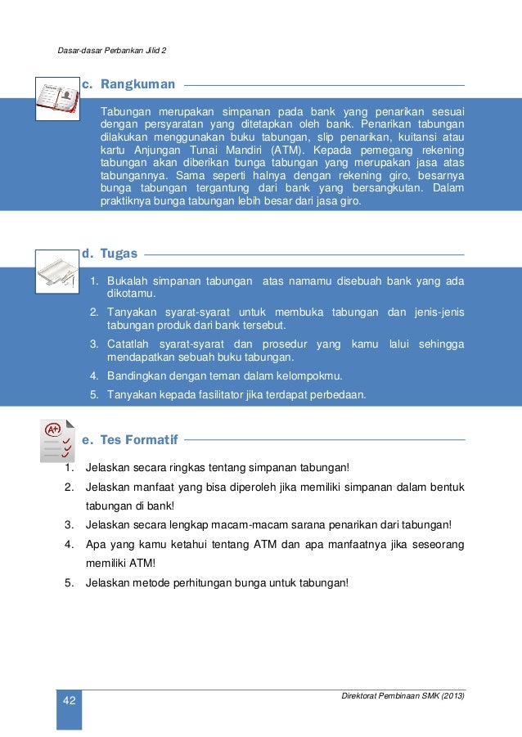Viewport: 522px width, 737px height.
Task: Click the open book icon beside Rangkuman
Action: point(58,98)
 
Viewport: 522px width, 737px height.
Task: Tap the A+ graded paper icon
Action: point(57,441)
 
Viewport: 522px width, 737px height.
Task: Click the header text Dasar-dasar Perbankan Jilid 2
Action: point(112,51)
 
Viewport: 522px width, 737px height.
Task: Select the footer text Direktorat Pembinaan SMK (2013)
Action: point(403,695)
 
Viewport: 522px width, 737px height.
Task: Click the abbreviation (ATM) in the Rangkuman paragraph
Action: point(286,151)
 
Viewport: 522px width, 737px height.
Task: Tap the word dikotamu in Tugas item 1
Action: point(131,293)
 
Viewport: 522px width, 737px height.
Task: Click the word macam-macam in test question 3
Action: point(245,524)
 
